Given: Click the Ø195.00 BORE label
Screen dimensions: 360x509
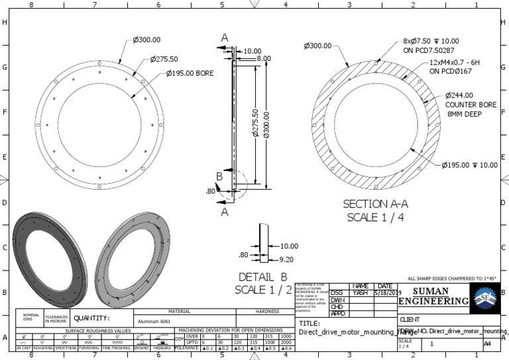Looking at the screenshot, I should (x=190, y=73).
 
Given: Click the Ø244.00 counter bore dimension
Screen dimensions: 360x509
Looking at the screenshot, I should (x=464, y=95).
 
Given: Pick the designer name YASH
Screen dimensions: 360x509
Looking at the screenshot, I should (x=359, y=292).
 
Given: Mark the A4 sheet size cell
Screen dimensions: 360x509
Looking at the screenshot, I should (x=487, y=344).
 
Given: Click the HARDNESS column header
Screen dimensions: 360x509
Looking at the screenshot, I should (x=268, y=311).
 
